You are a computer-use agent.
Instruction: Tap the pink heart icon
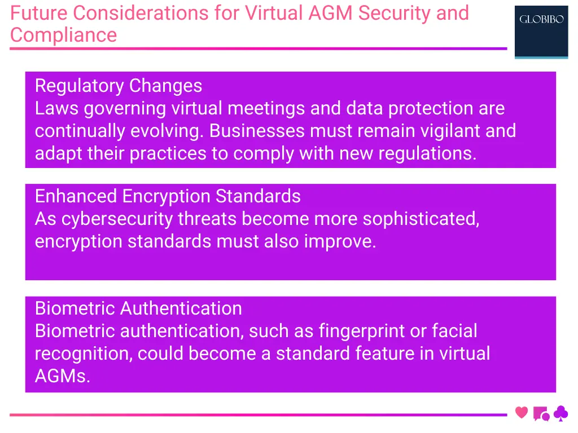tap(522, 413)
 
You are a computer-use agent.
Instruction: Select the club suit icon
tap(561, 414)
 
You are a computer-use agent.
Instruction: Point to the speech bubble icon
tap(541, 414)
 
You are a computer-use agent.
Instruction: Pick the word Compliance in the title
tap(63, 35)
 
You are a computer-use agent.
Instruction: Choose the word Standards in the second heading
tap(259, 196)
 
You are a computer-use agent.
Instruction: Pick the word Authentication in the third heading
tap(181, 308)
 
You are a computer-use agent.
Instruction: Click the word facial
tap(454, 331)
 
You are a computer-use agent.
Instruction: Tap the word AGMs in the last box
tap(62, 376)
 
